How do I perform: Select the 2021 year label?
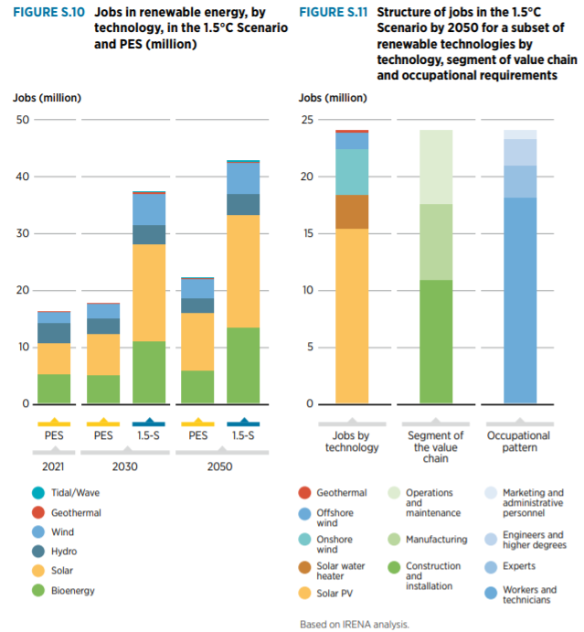(53, 466)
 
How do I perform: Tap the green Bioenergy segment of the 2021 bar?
(54, 389)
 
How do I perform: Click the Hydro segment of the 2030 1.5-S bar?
(149, 234)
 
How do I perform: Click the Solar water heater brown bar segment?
(352, 211)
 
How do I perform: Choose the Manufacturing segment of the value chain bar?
(436, 241)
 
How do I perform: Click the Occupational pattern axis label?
(520, 442)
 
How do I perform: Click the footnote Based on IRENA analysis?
(355, 625)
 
